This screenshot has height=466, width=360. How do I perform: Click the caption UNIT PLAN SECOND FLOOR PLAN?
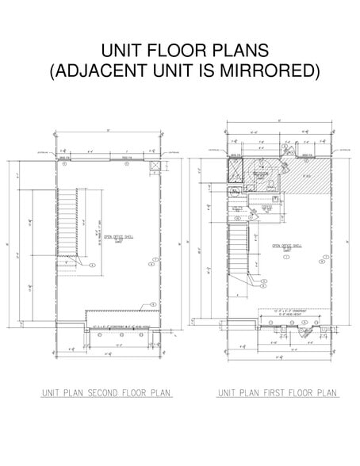point(107,393)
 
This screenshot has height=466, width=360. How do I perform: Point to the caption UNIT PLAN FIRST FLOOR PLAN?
point(278,393)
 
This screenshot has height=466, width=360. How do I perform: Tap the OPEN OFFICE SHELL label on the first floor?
point(288,246)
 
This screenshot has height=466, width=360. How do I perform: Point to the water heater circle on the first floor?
point(254,215)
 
